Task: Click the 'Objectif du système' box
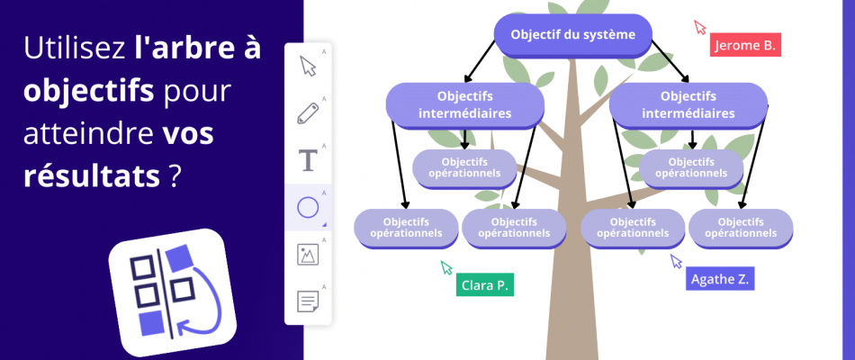[573, 35]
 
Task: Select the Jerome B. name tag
[744, 45]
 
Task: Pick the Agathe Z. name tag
[718, 279]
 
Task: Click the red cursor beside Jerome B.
[700, 27]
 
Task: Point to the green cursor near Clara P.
[445, 267]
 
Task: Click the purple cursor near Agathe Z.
[676, 261]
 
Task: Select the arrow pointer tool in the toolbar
[308, 67]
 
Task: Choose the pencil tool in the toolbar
[308, 113]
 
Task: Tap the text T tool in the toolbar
[308, 160]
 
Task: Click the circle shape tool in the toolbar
[308, 207]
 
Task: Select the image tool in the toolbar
[308, 254]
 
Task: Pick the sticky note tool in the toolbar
[308, 301]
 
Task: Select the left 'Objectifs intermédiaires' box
[464, 104]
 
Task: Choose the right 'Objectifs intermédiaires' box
[688, 104]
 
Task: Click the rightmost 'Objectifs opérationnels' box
[741, 227]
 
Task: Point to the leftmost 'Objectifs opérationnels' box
[406, 227]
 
